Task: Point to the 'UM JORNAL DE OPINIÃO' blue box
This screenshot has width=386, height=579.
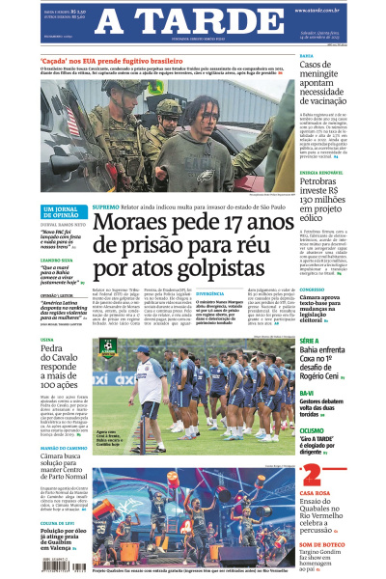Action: point(63,212)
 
